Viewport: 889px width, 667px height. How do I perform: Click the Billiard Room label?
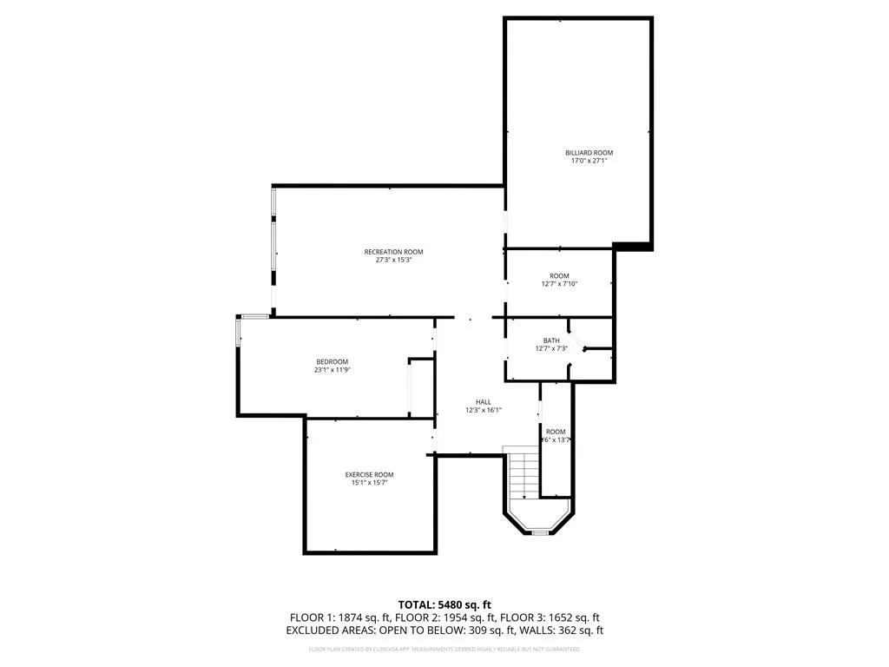click(591, 153)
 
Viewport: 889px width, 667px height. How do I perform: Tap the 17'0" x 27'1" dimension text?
click(589, 161)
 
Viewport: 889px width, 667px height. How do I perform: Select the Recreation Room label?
click(393, 252)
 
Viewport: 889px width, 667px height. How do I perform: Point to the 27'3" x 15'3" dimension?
click(393, 260)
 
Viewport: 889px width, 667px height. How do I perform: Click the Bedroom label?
click(332, 361)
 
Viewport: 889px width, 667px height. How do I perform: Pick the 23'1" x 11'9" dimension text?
click(332, 369)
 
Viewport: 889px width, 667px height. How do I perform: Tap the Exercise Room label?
click(369, 474)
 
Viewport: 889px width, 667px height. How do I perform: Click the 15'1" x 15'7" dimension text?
click(369, 482)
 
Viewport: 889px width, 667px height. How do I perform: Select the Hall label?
click(484, 402)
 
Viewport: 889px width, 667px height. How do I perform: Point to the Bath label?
click(552, 340)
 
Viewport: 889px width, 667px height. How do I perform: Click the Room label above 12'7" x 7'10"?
click(559, 275)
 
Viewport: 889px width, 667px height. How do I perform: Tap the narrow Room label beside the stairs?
click(556, 432)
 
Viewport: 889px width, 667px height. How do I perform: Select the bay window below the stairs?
click(540, 530)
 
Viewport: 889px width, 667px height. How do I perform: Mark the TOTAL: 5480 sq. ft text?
click(444, 604)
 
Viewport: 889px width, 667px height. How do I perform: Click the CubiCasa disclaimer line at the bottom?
click(444, 649)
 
